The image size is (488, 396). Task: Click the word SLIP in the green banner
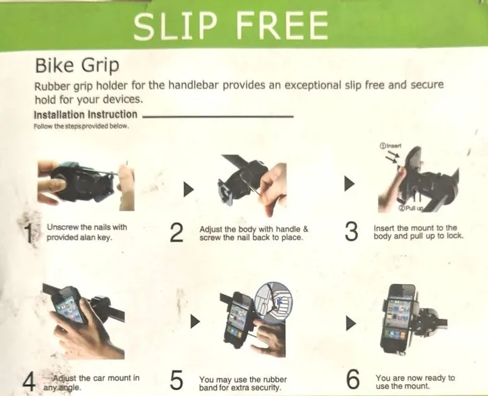click(175, 25)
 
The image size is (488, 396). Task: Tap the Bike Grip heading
click(77, 66)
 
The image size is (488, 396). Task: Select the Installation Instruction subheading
click(85, 115)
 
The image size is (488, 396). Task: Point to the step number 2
click(176, 233)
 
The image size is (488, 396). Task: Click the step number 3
click(351, 231)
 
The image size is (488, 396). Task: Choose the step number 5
click(176, 380)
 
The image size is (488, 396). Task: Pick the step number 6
click(353, 379)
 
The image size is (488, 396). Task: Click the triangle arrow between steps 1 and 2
click(188, 189)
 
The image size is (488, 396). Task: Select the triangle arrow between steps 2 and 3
click(349, 184)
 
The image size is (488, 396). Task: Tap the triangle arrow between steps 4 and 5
click(195, 322)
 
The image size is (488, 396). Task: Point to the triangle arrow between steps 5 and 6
click(351, 324)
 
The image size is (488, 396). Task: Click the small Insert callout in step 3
click(390, 145)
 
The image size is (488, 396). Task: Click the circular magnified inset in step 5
click(273, 302)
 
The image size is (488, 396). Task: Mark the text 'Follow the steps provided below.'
click(82, 127)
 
